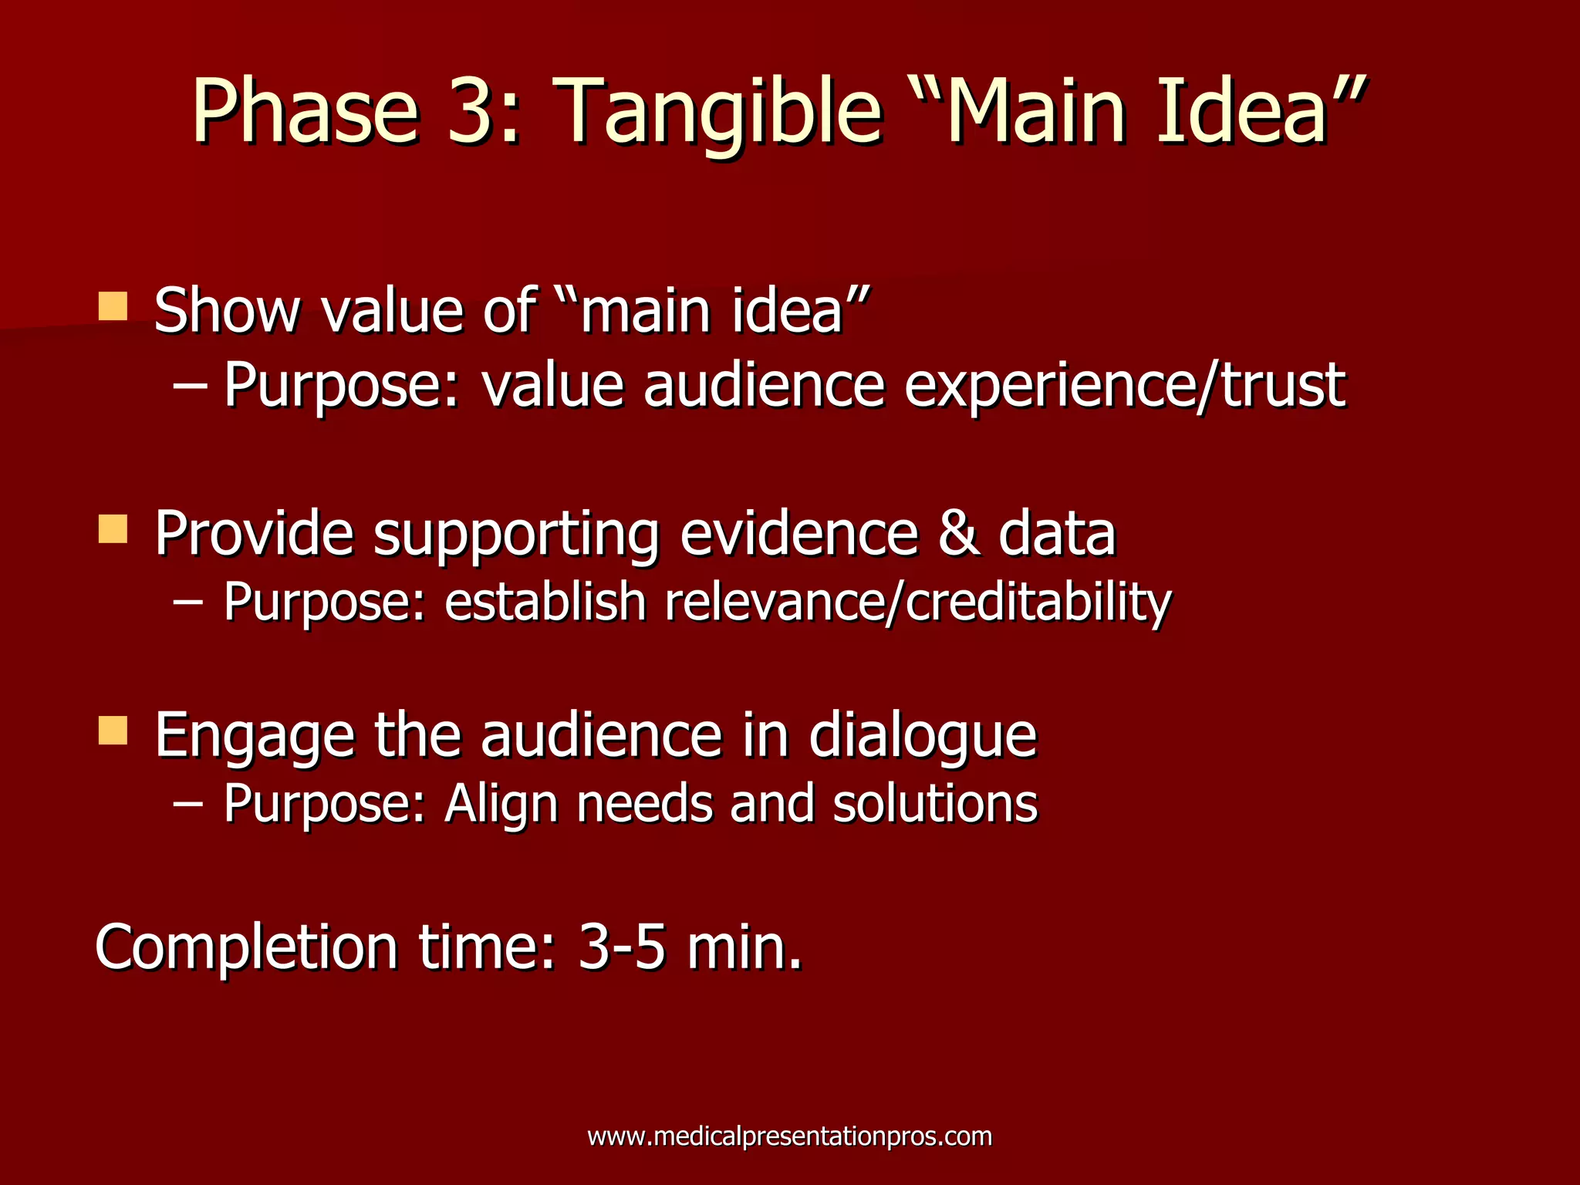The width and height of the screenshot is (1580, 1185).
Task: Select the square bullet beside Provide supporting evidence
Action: [113, 529]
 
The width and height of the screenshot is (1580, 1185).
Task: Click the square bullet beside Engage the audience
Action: [113, 730]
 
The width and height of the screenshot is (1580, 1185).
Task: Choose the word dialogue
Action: [923, 734]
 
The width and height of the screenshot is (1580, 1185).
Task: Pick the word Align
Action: [501, 805]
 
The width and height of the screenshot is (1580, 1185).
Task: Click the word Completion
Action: [246, 947]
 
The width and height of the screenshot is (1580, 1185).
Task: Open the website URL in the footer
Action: [789, 1136]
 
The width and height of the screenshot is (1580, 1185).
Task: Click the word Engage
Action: [255, 736]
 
